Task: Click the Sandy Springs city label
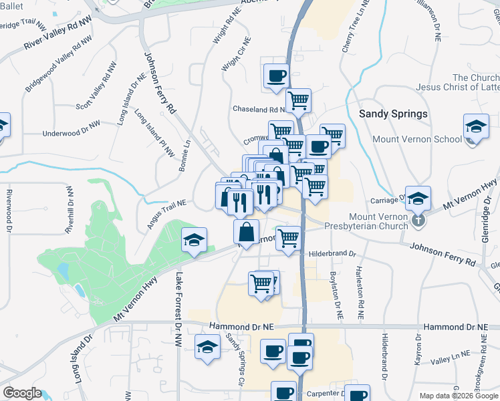[393, 114]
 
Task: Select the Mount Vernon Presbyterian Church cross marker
[418, 219]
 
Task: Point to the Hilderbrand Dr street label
[333, 254]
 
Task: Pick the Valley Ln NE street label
[451, 360]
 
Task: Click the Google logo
[22, 393]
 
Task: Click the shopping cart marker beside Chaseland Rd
[298, 102]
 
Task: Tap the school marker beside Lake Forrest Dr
[194, 240]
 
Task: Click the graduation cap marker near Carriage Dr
[418, 198]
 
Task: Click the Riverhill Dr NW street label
[69, 210]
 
